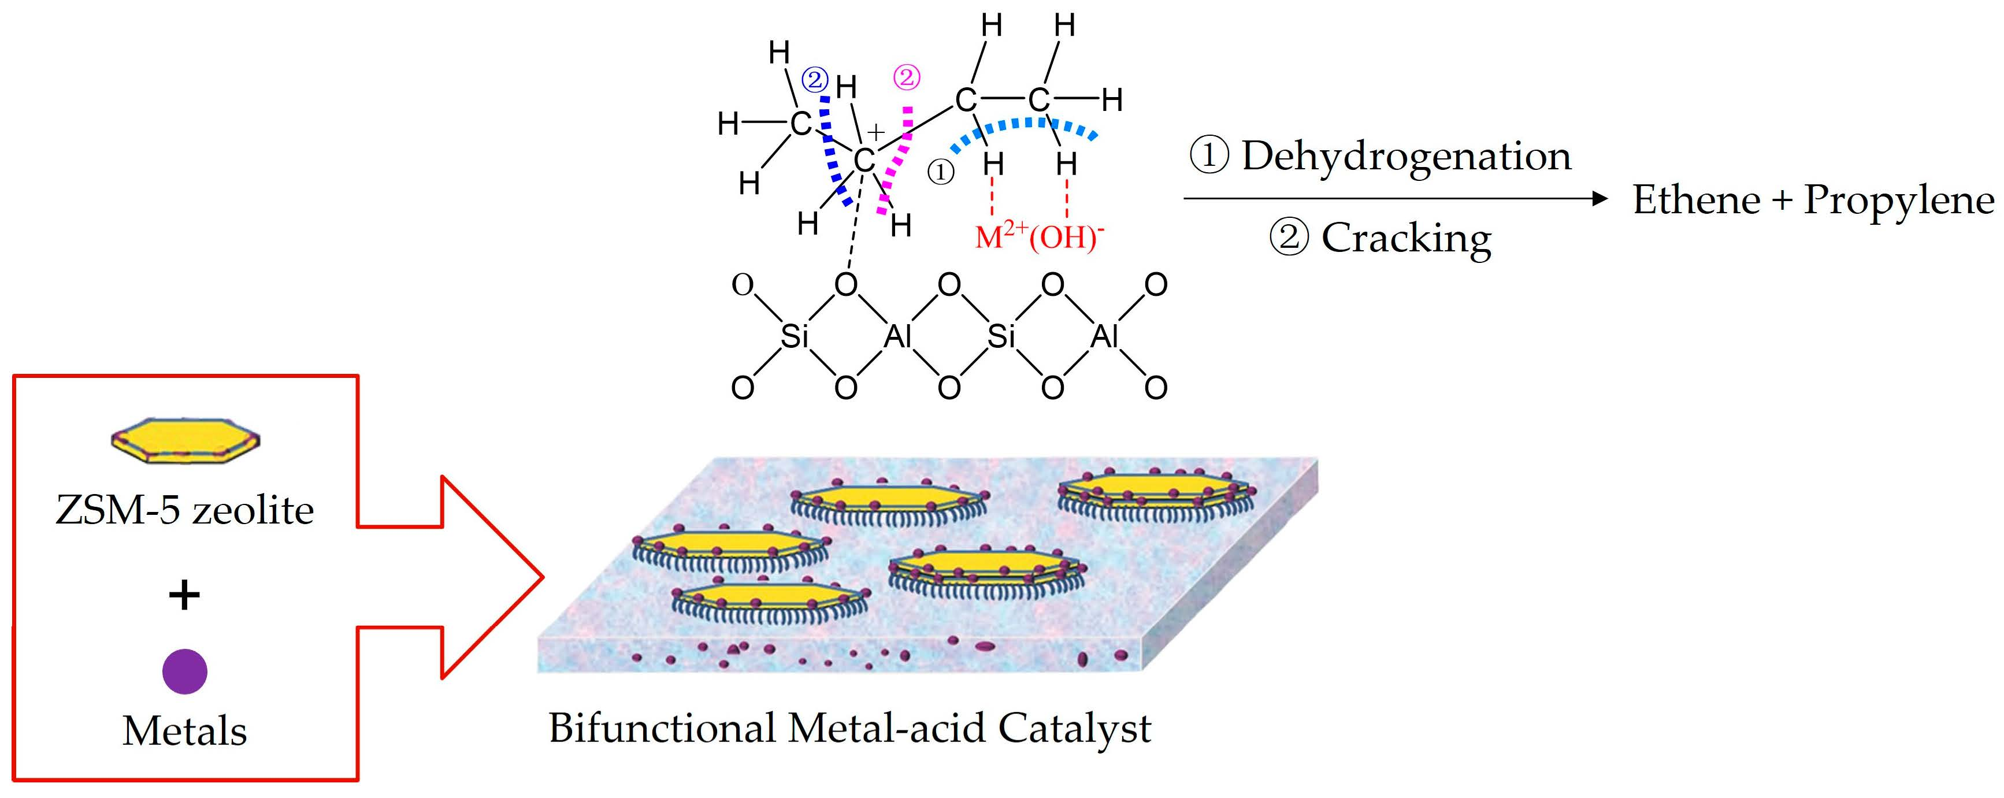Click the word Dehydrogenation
pyautogui.click(x=1406, y=157)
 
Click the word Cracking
pyautogui.click(x=1406, y=238)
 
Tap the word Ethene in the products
pyautogui.click(x=1696, y=200)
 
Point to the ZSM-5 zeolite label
pyautogui.click(x=184, y=510)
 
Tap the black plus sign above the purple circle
pyautogui.click(x=184, y=595)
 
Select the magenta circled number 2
pyautogui.click(x=906, y=77)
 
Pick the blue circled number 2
pyautogui.click(x=815, y=79)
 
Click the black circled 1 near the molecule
pyautogui.click(x=941, y=171)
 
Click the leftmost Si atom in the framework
pyautogui.click(x=793, y=336)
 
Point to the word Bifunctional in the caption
pyautogui.click(x=661, y=729)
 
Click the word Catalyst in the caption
pyautogui.click(x=1074, y=729)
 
